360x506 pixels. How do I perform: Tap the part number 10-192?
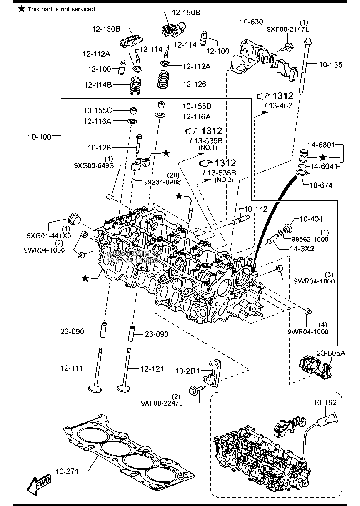click(325, 403)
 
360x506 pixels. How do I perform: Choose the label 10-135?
click(331, 65)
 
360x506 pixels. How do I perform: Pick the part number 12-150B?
click(187, 13)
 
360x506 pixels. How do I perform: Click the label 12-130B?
click(106, 29)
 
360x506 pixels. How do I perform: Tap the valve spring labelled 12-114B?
click(136, 85)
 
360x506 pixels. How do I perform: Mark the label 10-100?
click(40, 136)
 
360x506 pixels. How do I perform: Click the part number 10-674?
click(321, 185)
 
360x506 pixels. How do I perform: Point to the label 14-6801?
click(321, 145)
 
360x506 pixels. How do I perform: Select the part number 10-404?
click(311, 219)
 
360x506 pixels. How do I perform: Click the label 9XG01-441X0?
click(49, 235)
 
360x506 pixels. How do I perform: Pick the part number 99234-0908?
click(162, 182)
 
